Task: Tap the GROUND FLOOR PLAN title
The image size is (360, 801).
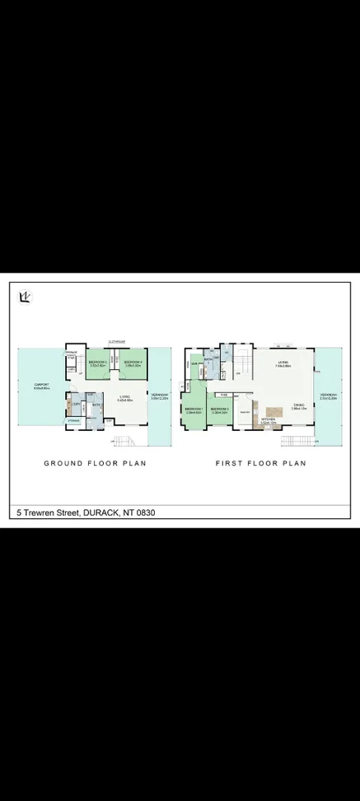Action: click(95, 463)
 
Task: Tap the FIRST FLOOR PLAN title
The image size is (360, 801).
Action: click(260, 463)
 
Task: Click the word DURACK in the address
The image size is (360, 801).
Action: click(103, 513)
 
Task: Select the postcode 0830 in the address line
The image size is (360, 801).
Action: click(145, 513)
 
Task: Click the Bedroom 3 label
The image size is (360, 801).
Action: click(98, 363)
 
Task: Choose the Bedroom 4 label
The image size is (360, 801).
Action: click(133, 363)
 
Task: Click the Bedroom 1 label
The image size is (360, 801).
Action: click(194, 409)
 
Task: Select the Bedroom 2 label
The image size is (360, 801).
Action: click(219, 409)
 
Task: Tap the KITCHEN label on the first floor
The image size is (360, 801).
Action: click(268, 419)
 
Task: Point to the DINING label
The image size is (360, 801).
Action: click(299, 405)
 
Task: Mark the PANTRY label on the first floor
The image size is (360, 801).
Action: click(245, 413)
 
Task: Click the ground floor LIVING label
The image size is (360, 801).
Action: click(125, 397)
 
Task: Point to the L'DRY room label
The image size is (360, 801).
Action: click(76, 404)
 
